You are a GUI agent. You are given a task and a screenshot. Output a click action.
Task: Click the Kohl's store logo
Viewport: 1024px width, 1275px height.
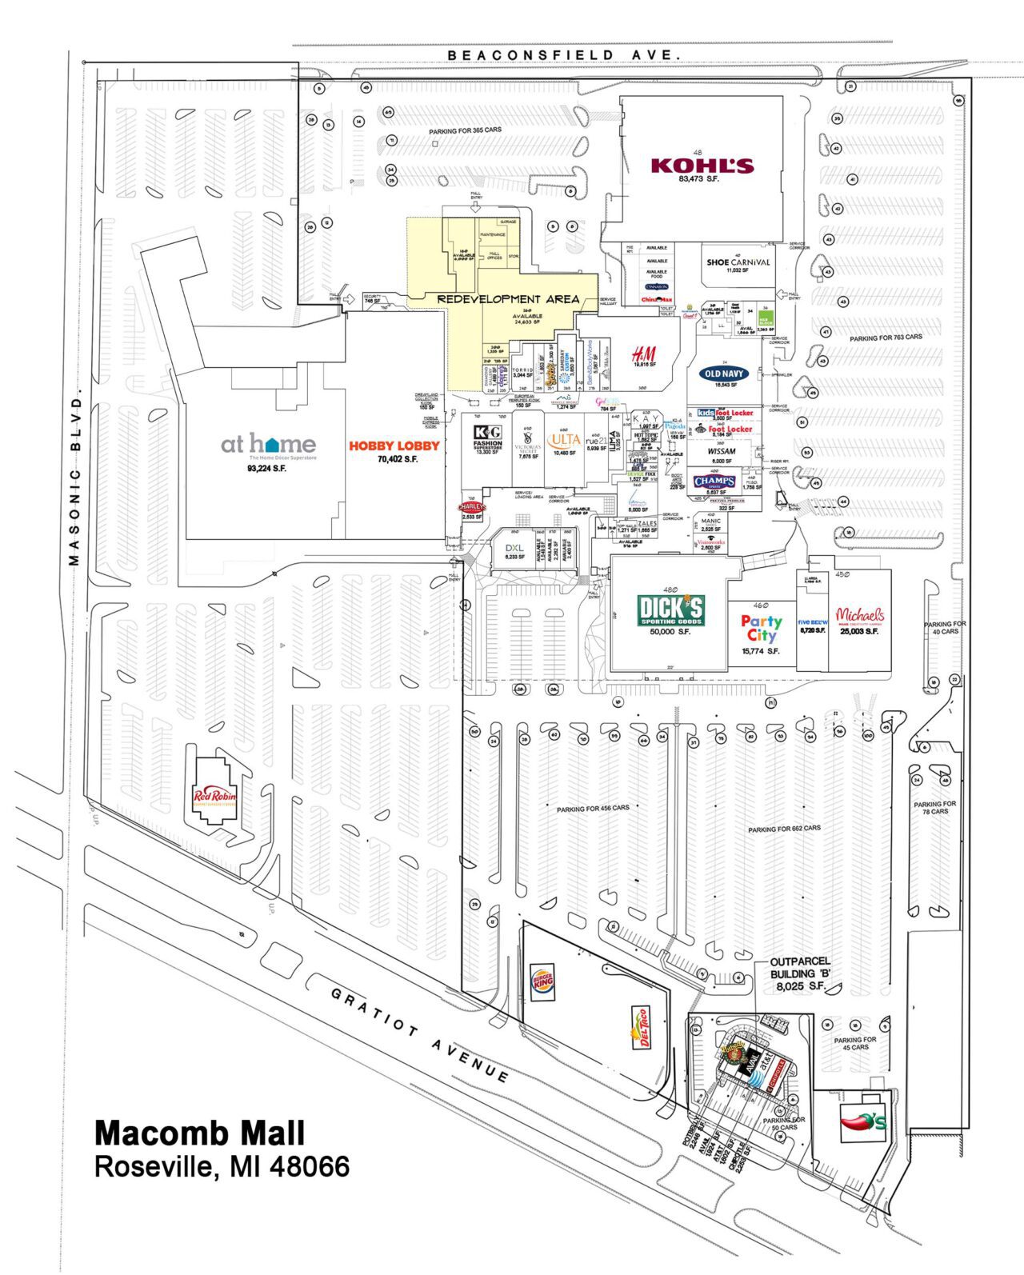click(702, 166)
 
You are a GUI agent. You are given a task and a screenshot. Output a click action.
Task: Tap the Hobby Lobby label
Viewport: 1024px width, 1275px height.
click(394, 446)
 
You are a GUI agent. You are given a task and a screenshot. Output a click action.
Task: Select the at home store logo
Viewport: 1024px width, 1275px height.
click(268, 444)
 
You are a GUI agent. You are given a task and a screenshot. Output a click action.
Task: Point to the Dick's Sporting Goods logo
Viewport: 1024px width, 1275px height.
click(670, 610)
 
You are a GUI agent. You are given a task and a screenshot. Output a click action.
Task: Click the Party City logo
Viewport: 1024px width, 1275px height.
click(761, 628)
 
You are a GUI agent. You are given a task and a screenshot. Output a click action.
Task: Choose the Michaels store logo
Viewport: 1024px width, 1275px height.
click(859, 615)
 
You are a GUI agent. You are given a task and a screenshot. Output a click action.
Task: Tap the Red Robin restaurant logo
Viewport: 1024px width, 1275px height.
click(215, 795)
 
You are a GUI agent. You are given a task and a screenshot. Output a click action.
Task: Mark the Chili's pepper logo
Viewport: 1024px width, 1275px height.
click(862, 1122)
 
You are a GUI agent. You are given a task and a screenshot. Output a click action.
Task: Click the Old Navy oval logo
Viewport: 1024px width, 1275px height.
click(724, 374)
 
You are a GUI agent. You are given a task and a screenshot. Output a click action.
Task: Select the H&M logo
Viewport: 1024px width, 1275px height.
click(643, 354)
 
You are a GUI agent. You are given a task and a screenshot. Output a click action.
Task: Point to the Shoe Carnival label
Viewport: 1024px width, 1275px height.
click(738, 262)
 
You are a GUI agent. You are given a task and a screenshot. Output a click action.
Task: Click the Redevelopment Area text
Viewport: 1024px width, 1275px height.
click(508, 299)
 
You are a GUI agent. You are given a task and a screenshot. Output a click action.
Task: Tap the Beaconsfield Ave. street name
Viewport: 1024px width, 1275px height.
click(564, 54)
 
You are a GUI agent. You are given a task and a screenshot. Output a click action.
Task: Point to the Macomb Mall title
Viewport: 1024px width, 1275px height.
click(199, 1133)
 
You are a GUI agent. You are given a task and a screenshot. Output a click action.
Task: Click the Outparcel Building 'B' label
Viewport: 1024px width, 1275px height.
click(800, 973)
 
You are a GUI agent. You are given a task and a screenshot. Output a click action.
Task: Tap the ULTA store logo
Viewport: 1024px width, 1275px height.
click(564, 439)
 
